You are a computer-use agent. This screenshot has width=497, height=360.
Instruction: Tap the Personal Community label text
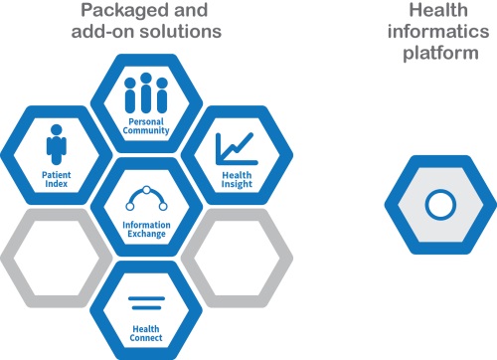coord(146,127)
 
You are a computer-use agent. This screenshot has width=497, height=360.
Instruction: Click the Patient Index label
coord(56,179)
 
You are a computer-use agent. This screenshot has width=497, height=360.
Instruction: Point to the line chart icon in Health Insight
coord(236,147)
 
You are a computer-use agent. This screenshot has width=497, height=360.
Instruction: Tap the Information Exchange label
coord(146,230)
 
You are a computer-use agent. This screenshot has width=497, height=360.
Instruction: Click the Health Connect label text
coord(146,331)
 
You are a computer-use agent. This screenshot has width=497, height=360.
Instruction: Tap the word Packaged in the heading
coord(115,11)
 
